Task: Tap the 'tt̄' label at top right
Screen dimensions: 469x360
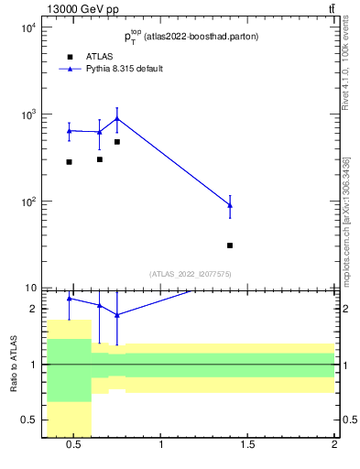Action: [x=331, y=9]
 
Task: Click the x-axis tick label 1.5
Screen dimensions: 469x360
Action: [x=247, y=446]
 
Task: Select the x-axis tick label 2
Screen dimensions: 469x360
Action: [x=334, y=446]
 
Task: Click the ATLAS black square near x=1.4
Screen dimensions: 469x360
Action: [x=230, y=245]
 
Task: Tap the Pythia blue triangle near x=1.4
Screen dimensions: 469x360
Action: [x=230, y=205]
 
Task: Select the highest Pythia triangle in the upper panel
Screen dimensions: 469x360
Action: [x=117, y=118]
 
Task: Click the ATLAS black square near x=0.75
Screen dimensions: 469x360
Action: [x=117, y=142]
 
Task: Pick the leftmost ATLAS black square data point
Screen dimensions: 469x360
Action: [x=69, y=162]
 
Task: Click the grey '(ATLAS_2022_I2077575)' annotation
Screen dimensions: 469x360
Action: [x=191, y=274]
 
